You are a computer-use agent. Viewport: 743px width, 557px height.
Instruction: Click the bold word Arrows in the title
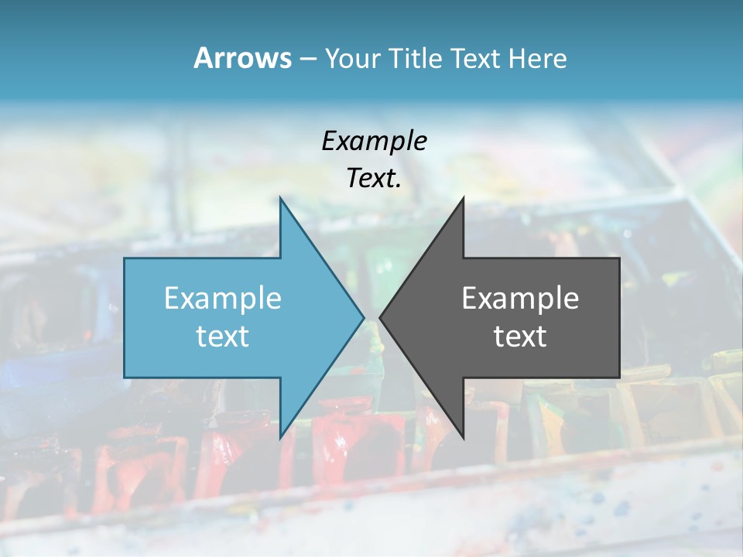[x=241, y=58]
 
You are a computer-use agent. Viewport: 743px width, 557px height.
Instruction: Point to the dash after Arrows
[x=307, y=60]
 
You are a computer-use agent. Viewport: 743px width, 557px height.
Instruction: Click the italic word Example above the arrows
[x=374, y=141]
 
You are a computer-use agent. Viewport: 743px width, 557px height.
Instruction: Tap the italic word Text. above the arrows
[x=371, y=179]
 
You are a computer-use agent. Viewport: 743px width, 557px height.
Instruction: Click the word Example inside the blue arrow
[x=222, y=298]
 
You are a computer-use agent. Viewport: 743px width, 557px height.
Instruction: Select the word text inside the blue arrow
[x=222, y=337]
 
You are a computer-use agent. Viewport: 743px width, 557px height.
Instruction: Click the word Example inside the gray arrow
[x=520, y=298]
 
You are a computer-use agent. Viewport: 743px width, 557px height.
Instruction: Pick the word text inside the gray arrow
[x=520, y=337]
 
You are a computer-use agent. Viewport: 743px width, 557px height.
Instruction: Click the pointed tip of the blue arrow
[x=362, y=317]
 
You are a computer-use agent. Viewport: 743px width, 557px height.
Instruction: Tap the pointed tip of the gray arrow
[x=382, y=317]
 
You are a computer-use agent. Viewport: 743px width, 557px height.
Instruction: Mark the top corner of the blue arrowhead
[x=281, y=200]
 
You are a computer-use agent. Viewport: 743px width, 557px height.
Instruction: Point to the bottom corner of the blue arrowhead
[x=281, y=437]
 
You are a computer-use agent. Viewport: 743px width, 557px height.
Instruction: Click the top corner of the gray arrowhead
[x=463, y=200]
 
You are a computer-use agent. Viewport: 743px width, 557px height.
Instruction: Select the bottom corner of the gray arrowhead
[x=463, y=437]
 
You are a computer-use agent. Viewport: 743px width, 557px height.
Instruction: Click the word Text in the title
[x=477, y=59]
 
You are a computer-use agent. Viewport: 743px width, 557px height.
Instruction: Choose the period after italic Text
[x=399, y=186]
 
